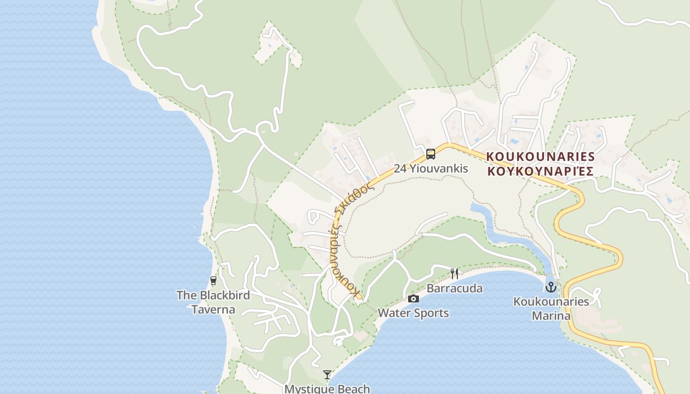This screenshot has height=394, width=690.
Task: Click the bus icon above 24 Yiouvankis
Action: tap(431, 154)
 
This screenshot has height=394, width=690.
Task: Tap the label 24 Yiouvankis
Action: tap(431, 168)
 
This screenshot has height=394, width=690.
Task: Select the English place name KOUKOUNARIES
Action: tap(541, 157)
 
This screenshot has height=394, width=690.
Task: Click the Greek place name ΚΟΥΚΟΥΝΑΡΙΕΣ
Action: tap(540, 171)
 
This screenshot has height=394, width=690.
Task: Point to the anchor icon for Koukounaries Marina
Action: tap(551, 287)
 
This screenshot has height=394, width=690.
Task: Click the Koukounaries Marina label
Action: tap(551, 308)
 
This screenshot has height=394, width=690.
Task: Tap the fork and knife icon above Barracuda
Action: tap(454, 273)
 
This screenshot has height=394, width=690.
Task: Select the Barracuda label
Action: tap(454, 288)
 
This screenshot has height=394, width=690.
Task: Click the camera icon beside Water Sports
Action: tap(414, 298)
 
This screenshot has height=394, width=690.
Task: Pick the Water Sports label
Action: tap(413, 313)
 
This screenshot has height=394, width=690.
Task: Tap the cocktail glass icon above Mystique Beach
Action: tap(327, 375)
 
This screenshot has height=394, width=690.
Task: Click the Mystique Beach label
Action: tap(327, 389)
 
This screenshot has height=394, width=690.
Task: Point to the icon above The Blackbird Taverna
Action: tap(213, 281)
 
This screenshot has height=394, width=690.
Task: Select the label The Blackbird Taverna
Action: tap(213, 302)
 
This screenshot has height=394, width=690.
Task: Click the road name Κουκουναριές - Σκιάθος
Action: tap(347, 241)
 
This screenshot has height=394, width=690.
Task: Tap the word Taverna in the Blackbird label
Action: tap(213, 310)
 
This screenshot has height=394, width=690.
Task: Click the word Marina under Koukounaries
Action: tap(551, 316)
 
